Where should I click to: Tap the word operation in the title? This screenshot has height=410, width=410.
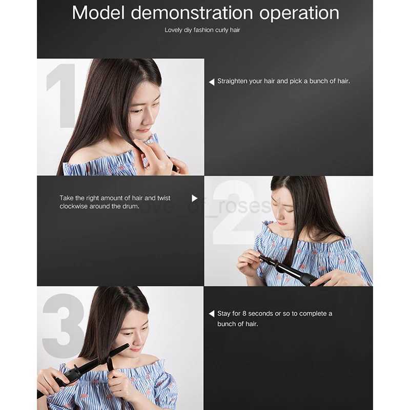coord(299,14)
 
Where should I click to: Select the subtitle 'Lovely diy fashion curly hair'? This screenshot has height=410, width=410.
coord(202,30)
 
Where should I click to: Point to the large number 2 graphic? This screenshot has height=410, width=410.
coord(234,212)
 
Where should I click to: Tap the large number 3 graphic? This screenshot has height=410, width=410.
coord(63,325)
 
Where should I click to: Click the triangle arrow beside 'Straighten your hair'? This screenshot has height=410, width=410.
coord(212,82)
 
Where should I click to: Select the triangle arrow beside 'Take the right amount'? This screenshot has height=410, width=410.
coord(195,198)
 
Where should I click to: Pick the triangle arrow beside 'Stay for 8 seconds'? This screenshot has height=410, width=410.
coord(212,314)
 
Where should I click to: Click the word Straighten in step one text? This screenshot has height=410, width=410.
coord(232,81)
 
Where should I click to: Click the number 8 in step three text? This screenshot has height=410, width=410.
coord(244,314)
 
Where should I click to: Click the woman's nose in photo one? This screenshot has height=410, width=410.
coord(148,119)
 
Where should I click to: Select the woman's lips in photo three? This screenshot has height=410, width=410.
coord(135,350)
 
